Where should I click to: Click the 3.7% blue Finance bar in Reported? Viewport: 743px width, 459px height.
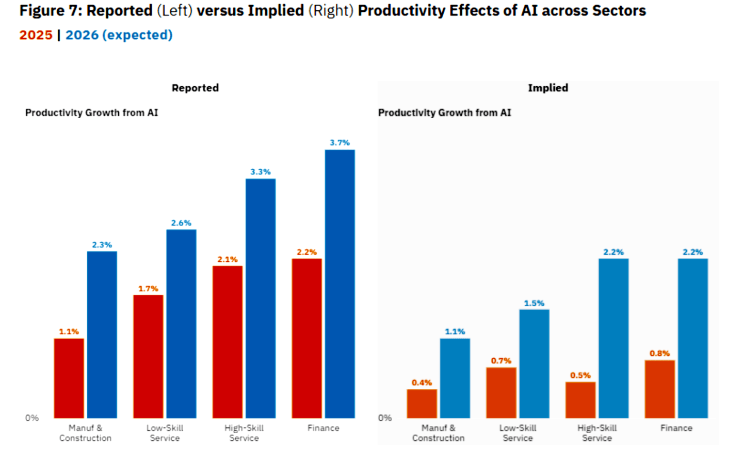pyautogui.click(x=340, y=283)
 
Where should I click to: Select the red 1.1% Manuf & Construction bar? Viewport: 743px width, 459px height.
pyautogui.click(x=69, y=378)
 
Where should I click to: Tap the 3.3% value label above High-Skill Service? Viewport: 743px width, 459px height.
pyautogui.click(x=260, y=172)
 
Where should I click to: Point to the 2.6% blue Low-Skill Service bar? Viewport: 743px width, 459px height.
pyautogui.click(x=181, y=324)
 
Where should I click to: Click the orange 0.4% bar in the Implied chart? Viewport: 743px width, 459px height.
pyautogui.click(x=422, y=403)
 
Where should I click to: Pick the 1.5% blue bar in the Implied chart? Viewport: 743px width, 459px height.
pyautogui.click(x=534, y=363)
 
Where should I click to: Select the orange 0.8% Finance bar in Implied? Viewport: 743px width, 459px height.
pyautogui.click(x=659, y=389)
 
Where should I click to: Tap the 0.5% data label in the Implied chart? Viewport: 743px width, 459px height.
pyautogui.click(x=580, y=375)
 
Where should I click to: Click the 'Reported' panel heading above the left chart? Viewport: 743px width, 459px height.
pyautogui.click(x=195, y=88)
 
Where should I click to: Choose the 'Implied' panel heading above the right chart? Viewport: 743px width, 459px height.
pyautogui.click(x=547, y=88)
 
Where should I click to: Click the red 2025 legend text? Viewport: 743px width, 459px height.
pyautogui.click(x=36, y=35)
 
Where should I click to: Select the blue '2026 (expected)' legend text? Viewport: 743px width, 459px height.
pyautogui.click(x=119, y=35)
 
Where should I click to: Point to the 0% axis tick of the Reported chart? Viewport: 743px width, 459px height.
pyautogui.click(x=32, y=418)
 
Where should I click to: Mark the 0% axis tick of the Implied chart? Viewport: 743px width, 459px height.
pyautogui.click(x=385, y=418)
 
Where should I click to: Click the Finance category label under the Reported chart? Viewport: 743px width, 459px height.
pyautogui.click(x=323, y=428)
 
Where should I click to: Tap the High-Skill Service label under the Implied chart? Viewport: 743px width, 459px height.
pyautogui.click(x=596, y=433)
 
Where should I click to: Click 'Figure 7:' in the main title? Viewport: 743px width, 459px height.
pyautogui.click(x=51, y=10)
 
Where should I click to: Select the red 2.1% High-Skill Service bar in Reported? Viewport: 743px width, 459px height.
pyautogui.click(x=227, y=342)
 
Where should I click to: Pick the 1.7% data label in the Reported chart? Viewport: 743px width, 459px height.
pyautogui.click(x=148, y=289)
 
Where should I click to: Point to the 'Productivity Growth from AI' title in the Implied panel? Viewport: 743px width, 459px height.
pyautogui.click(x=444, y=113)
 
